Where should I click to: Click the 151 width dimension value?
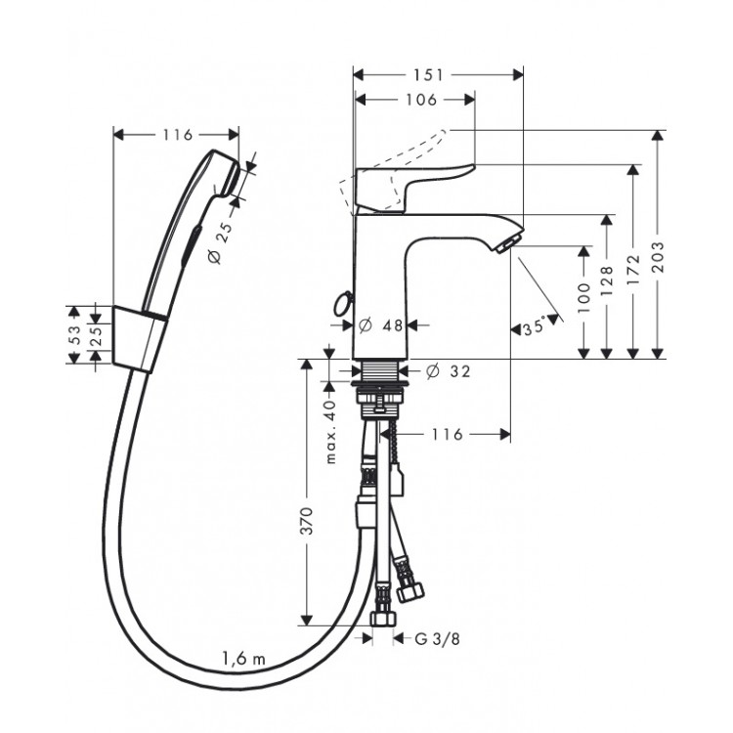[428, 75]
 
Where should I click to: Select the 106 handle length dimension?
[421, 100]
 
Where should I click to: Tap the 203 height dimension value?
[658, 258]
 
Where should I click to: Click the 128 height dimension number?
[606, 280]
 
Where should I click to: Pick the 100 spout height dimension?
[583, 298]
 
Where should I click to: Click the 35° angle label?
[535, 326]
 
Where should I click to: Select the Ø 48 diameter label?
[380, 325]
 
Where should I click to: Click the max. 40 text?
[330, 431]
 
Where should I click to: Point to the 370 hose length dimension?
[306, 521]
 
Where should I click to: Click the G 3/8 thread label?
[437, 638]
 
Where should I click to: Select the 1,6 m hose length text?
[243, 659]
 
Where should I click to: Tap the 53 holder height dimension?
[75, 334]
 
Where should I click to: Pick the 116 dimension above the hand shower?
[178, 135]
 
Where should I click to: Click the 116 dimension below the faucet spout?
[447, 434]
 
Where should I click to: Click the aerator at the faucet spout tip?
[506, 244]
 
